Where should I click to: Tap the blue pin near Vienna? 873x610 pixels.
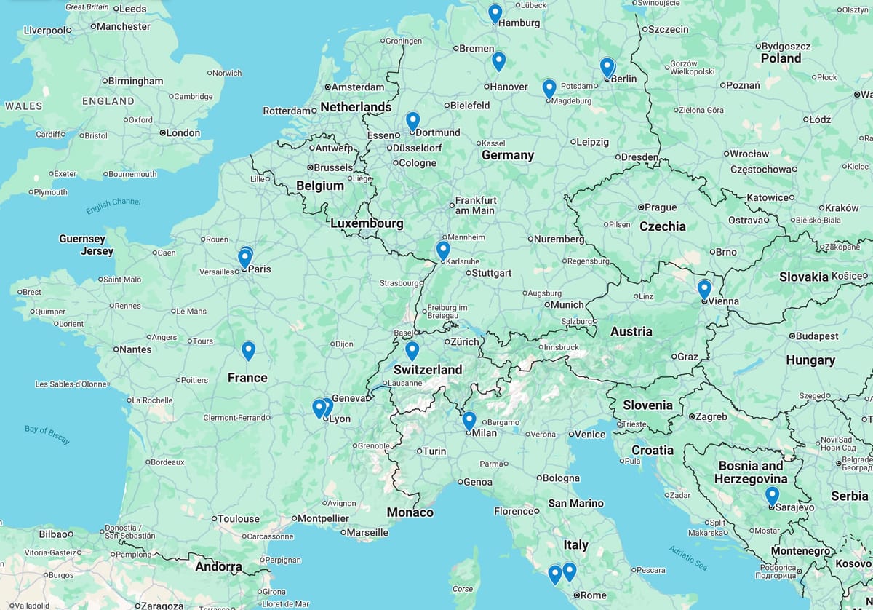coord(704,289)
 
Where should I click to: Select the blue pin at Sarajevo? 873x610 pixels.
coord(772,496)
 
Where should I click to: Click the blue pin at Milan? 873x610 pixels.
coord(469,420)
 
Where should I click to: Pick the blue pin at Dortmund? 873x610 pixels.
coord(412,120)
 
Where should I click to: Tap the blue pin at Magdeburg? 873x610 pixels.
coord(549,88)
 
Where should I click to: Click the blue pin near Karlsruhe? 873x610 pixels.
coord(443,250)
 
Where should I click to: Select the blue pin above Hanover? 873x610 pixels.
coord(498,61)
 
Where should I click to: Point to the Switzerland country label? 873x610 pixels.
coord(428,369)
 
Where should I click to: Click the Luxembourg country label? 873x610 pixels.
coord(367,223)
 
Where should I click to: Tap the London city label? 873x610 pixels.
coord(183,132)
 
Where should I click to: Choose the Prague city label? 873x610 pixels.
coord(661,207)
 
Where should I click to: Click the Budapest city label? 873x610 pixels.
coord(817,336)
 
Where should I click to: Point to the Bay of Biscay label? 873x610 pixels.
coord(47,434)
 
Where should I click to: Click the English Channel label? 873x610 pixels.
coord(113,206)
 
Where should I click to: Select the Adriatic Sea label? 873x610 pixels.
coord(688,557)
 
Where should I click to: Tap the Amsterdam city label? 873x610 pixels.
coord(358,87)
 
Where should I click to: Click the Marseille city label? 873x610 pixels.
coord(367,532)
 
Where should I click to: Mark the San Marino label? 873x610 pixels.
coord(575,503)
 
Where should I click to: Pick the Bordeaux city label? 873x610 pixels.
coord(167,462)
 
